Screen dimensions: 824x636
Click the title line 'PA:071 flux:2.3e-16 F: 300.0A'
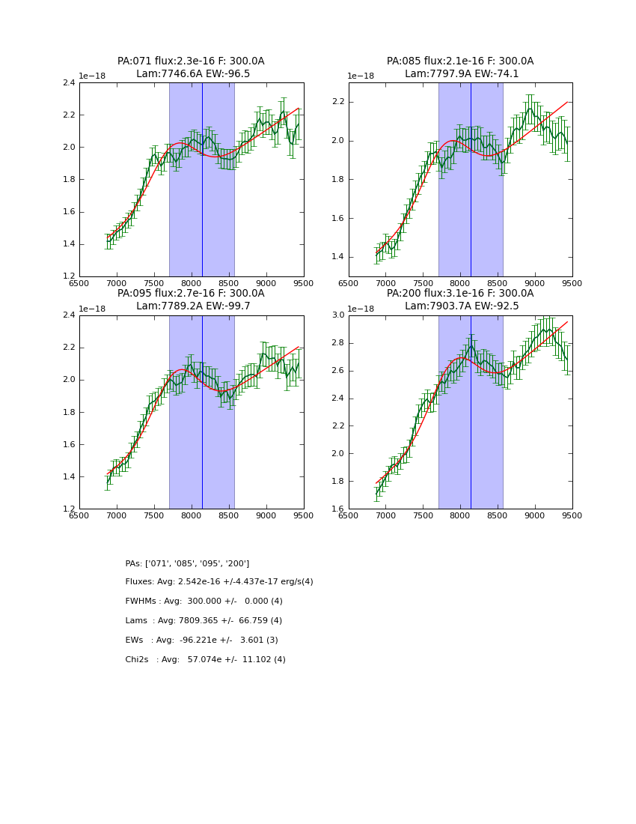191,61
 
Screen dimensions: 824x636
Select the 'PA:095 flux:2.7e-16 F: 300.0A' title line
191,294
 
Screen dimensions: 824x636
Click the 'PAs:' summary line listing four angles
187,563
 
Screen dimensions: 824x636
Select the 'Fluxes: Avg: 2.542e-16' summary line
219,582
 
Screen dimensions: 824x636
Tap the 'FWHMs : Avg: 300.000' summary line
204,602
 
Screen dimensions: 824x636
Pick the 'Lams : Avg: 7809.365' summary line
204,621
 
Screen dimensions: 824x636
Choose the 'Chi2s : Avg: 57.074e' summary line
205,660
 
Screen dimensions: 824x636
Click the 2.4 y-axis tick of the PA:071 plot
68,83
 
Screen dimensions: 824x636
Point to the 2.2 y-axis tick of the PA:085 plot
337,102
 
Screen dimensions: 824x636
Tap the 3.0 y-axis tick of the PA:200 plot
337,315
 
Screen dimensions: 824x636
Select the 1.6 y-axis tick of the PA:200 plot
337,509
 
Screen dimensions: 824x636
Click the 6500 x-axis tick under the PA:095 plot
79,515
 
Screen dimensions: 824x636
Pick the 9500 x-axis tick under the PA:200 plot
572,515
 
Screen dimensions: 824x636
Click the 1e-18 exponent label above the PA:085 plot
361,76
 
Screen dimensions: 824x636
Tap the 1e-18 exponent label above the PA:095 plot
92,309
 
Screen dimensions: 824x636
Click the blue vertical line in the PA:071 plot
202,180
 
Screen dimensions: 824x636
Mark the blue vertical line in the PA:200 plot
471,412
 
